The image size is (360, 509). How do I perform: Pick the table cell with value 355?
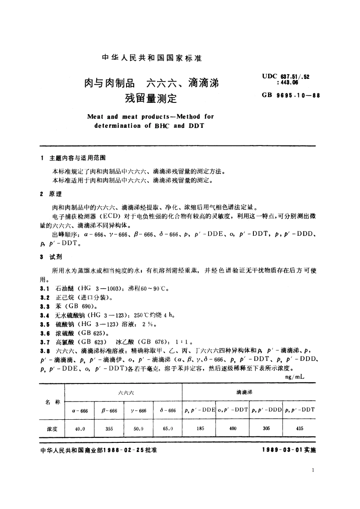click(x=109, y=427)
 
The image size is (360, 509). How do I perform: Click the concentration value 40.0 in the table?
click(x=80, y=427)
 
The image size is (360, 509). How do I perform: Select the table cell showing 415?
click(x=299, y=427)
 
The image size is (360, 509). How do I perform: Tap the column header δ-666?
click(x=168, y=410)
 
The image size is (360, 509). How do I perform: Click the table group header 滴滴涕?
click(x=248, y=392)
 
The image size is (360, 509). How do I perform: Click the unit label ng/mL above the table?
click(x=295, y=377)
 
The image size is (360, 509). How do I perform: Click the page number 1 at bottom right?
click(x=313, y=470)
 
